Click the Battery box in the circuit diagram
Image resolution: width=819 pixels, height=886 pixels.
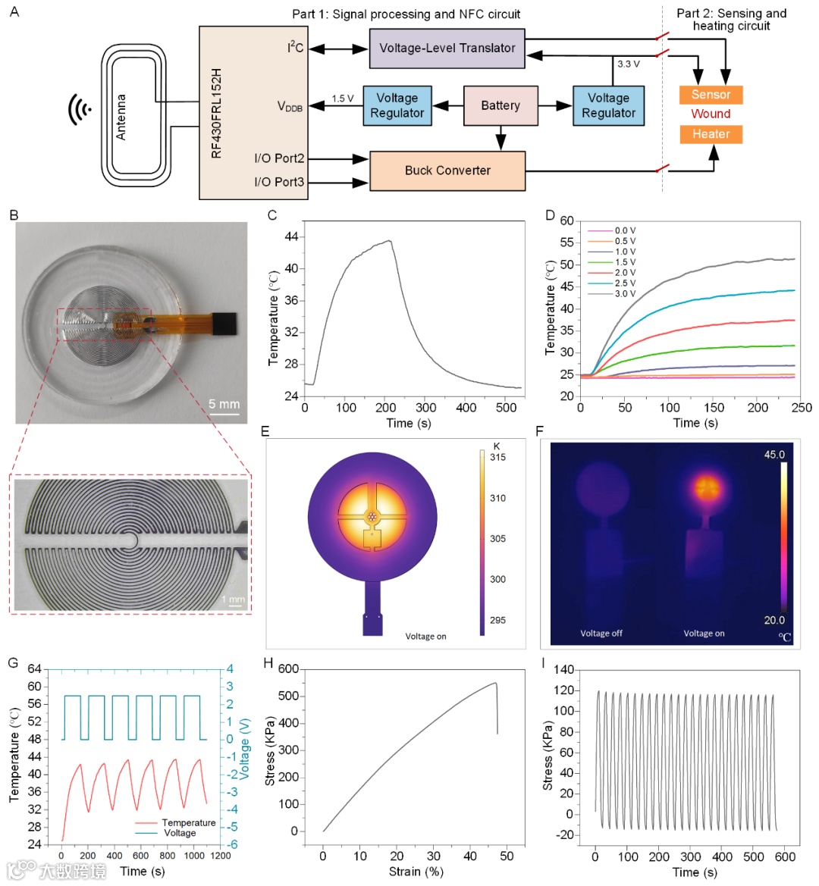tap(500, 105)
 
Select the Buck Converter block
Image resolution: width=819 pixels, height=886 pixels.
tap(447, 171)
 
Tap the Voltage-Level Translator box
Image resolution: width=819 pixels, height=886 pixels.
tap(447, 48)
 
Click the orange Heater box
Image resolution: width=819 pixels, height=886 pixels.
tap(711, 134)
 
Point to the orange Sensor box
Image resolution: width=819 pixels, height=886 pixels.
tap(711, 95)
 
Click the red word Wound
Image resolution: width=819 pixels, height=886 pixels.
tap(711, 114)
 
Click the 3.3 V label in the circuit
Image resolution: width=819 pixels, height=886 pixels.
tap(628, 64)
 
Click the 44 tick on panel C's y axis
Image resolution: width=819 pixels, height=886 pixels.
tap(290, 236)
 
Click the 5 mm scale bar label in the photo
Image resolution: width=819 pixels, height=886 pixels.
tap(224, 404)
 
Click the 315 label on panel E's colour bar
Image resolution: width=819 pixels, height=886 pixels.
tap(497, 457)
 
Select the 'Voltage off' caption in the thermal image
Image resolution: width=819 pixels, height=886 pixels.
tap(601, 634)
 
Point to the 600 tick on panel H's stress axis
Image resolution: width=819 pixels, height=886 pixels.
tap(288, 669)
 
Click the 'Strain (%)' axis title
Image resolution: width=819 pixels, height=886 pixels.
tap(416, 872)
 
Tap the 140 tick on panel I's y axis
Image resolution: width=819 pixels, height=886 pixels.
tap(563, 670)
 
